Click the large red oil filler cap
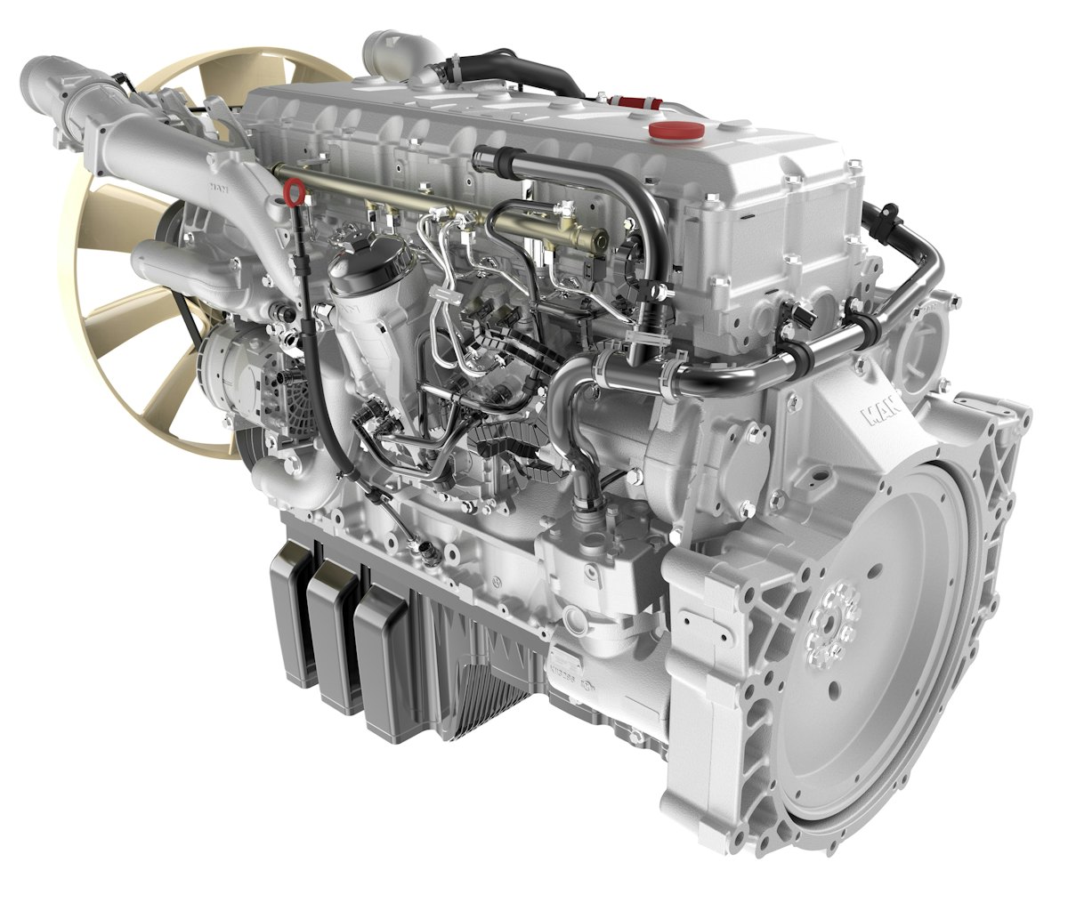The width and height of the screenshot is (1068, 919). (676, 131)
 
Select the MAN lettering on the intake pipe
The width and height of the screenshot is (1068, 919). (217, 188)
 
